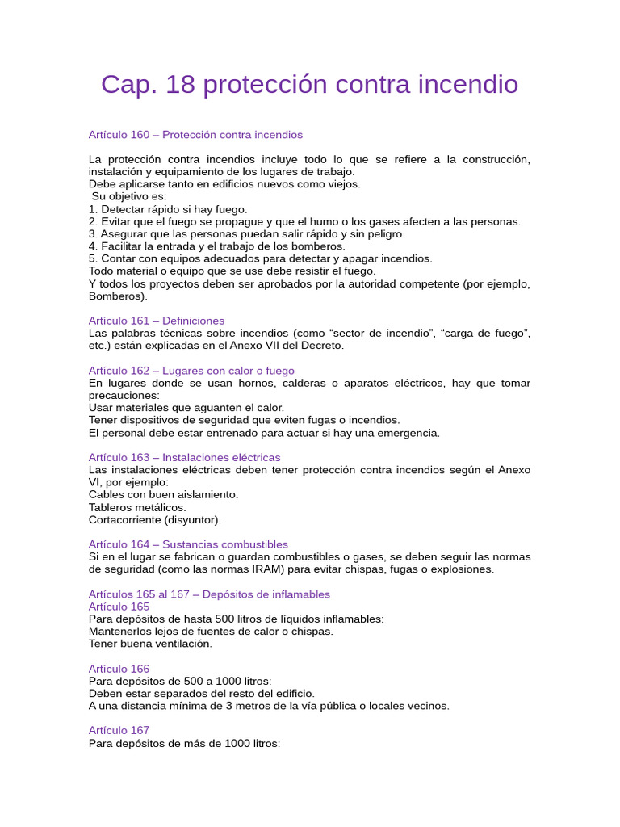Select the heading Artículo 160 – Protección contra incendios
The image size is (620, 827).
point(195,134)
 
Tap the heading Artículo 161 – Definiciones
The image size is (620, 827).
point(157,321)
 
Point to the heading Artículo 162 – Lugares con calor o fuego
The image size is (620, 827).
point(191,371)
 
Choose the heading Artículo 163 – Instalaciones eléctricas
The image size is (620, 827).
point(184,457)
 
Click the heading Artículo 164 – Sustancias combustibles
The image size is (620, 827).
point(188,544)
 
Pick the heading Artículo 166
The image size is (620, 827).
point(119,669)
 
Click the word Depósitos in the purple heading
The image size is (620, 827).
point(228,594)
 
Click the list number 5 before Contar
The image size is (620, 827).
point(92,258)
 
